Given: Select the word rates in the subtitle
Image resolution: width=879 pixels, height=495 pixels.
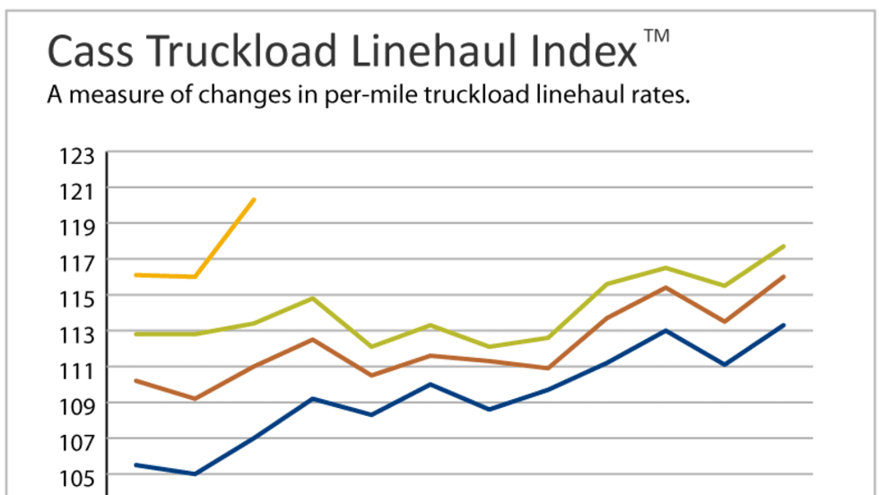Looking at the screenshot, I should pyautogui.click(x=659, y=96).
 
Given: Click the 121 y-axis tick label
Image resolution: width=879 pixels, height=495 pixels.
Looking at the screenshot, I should pyautogui.click(x=77, y=190).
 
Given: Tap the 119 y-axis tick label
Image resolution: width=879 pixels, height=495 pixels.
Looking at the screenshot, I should pyautogui.click(x=77, y=225).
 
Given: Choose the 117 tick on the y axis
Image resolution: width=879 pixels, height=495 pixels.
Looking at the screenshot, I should pyautogui.click(x=77, y=262).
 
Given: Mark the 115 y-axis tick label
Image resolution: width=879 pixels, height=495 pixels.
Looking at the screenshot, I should pyautogui.click(x=77, y=297).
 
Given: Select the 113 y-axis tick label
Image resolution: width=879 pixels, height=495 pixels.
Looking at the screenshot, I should pyautogui.click(x=77, y=334).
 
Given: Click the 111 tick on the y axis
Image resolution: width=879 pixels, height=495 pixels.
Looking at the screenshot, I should pyautogui.click(x=77, y=369).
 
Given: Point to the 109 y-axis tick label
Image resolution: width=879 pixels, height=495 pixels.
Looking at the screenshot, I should pyautogui.click(x=77, y=404).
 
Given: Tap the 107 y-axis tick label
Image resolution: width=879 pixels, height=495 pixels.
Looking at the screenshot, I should pyautogui.click(x=77, y=440).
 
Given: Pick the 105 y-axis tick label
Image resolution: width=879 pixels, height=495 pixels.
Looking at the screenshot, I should pyautogui.click(x=77, y=476).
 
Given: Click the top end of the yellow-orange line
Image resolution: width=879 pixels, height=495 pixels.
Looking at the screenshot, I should pyautogui.click(x=255, y=199).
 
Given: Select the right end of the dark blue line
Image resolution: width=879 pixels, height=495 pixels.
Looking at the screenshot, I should pyautogui.click(x=784, y=325).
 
